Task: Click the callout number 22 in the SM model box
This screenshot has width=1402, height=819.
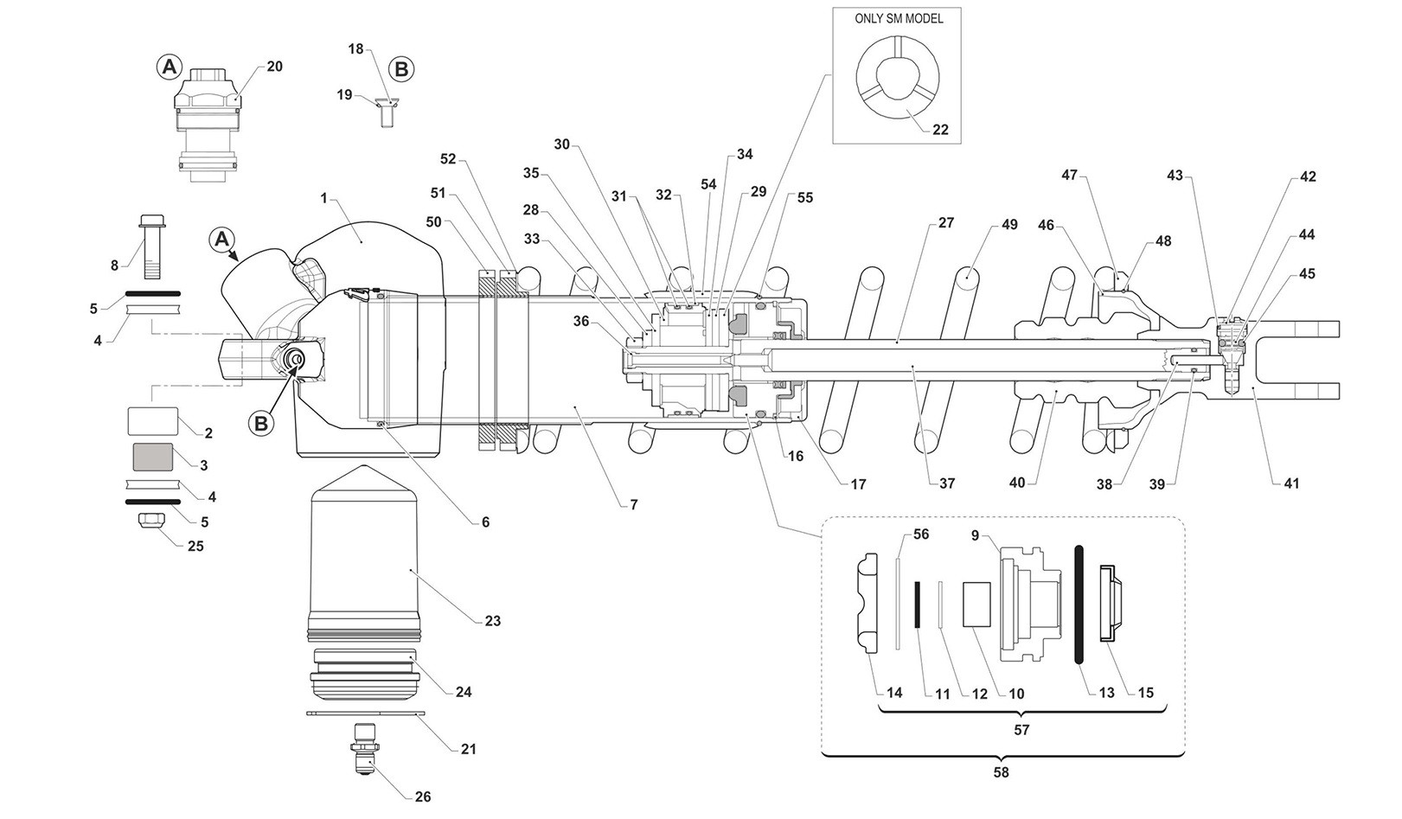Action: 940,130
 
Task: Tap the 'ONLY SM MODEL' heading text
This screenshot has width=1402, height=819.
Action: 898,19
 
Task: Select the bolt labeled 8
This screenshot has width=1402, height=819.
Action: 151,246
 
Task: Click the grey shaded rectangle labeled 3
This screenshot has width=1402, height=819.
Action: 152,457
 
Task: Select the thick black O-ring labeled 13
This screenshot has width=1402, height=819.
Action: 1079,604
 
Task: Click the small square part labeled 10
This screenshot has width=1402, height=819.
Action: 976,604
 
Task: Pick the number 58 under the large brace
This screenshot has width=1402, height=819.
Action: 1001,771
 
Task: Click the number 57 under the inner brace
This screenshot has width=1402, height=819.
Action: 1021,730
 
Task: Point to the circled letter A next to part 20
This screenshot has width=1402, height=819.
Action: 170,66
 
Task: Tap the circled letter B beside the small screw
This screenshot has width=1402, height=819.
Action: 401,68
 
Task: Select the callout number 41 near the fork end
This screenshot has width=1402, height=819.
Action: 1290,484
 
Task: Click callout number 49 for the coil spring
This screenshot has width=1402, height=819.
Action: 1009,225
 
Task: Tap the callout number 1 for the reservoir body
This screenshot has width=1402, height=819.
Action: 323,198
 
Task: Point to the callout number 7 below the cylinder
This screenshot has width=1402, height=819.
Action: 634,504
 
